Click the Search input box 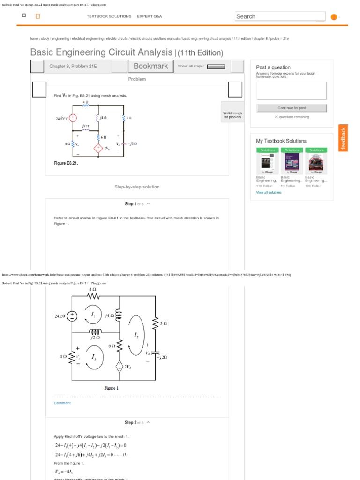(279, 16)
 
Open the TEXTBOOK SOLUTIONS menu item (109, 16)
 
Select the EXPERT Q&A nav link (149, 16)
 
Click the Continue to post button (292, 108)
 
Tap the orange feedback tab (344, 138)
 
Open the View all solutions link (269, 192)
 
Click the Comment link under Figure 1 (62, 403)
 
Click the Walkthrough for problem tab (232, 115)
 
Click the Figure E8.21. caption (66, 163)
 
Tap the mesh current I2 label (136, 336)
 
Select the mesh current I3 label (94, 358)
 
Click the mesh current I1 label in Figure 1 (93, 315)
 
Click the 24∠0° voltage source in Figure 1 (73, 316)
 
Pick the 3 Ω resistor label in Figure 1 (164, 323)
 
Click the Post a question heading (273, 67)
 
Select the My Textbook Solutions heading (281, 141)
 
